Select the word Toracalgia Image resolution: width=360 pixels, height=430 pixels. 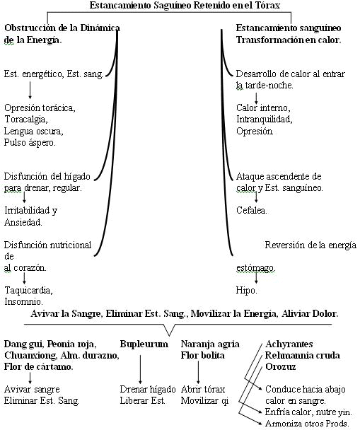[x=25, y=120]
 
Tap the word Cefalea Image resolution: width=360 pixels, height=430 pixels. [x=251, y=210]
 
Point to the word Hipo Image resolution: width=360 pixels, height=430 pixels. [x=247, y=290]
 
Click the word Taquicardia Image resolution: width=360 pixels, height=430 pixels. [x=28, y=290]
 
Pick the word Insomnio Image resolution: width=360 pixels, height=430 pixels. [x=23, y=302]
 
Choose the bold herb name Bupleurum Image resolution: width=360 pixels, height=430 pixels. [x=144, y=344]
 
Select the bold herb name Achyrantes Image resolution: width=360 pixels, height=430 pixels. [x=289, y=344]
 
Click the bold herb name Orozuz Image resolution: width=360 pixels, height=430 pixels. [x=281, y=367]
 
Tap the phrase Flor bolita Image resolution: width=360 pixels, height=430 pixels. [x=202, y=356]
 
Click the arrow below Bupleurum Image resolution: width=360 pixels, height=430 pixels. [x=140, y=369]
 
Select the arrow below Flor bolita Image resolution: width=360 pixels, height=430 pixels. [x=198, y=372]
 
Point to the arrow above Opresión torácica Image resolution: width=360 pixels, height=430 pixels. [x=30, y=90]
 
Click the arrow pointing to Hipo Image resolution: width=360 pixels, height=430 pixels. [x=256, y=277]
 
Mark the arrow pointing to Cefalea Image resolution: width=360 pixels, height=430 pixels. [x=256, y=197]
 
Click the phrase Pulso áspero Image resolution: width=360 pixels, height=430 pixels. [x=30, y=143]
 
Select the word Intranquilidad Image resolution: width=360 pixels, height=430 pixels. [x=265, y=120]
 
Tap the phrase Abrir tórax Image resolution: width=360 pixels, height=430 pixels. [x=203, y=390]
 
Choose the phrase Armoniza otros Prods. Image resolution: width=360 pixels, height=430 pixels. [x=307, y=424]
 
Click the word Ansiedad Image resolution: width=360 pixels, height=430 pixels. [x=23, y=222]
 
